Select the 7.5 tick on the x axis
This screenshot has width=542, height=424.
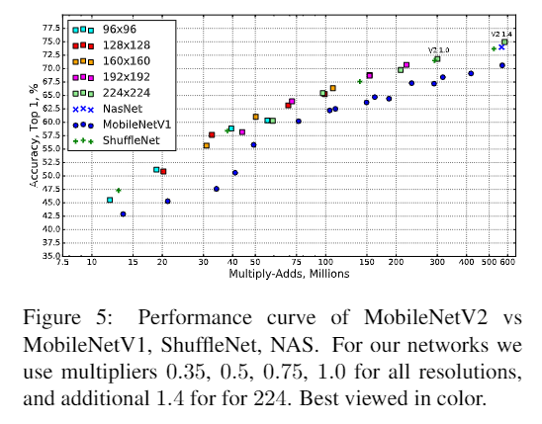62,265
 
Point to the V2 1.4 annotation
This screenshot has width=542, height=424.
501,34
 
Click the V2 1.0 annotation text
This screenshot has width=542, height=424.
438,49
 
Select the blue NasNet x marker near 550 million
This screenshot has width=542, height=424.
501,46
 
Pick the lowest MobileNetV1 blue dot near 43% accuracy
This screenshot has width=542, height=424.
123,213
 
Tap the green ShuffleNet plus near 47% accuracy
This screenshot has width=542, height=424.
119,190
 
